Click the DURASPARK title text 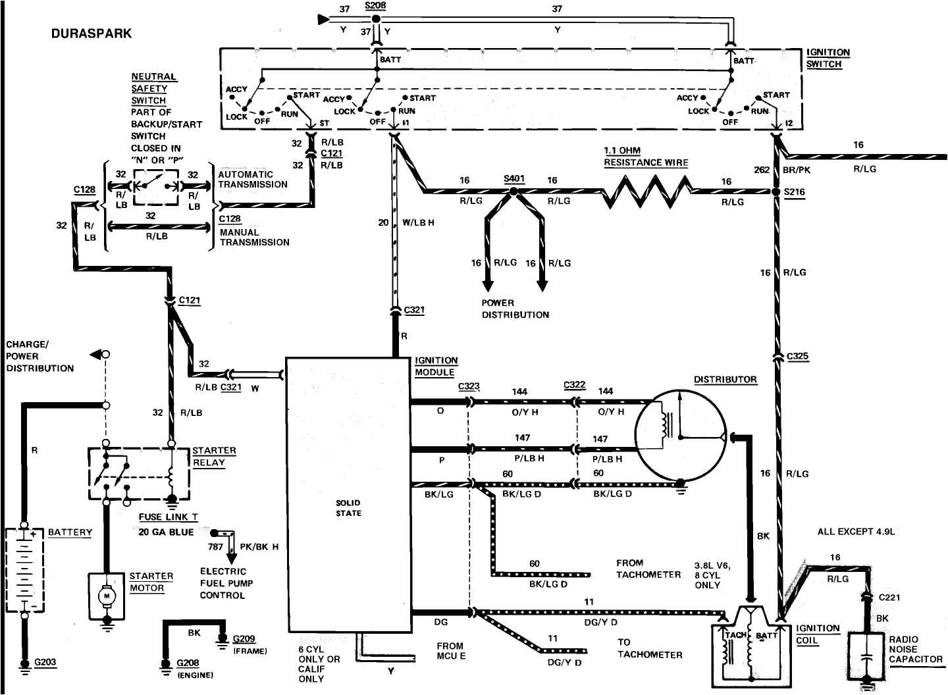click(92, 34)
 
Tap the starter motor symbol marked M click(106, 595)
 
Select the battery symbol click(24, 569)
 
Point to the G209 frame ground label click(244, 638)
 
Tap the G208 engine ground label click(188, 663)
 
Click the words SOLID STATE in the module click(348, 508)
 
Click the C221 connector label click(889, 598)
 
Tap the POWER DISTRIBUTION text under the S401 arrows click(515, 309)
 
